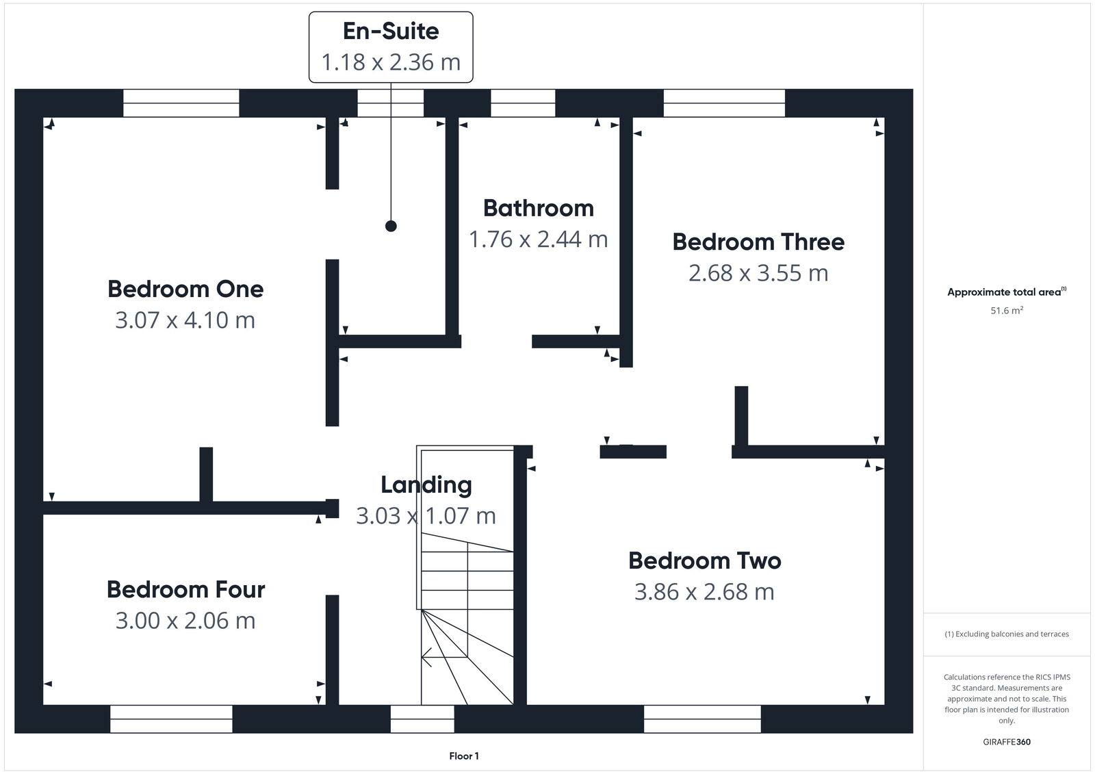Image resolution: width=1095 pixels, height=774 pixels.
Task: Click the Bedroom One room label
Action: click(185, 289)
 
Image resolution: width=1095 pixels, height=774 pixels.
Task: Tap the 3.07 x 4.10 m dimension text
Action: click(185, 320)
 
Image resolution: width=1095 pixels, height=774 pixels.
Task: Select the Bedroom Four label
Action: click(185, 589)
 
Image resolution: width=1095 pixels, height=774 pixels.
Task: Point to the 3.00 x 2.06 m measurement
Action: click(185, 620)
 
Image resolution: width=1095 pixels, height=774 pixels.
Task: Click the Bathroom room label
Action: click(538, 208)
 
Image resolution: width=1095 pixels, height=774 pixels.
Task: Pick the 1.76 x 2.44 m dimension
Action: click(538, 239)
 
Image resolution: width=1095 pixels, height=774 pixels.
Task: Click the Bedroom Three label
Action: click(758, 242)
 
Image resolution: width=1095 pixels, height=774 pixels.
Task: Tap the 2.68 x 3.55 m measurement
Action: click(758, 272)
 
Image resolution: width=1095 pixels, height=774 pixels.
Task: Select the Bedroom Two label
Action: click(705, 560)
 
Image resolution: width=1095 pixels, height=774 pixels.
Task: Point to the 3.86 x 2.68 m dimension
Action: click(705, 591)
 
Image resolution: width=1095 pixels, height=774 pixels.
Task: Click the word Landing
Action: click(426, 485)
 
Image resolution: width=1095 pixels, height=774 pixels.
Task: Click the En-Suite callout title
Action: click(391, 31)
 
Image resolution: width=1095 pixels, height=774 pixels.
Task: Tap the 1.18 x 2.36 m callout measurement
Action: click(391, 62)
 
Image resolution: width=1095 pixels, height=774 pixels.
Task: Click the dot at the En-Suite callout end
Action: click(391, 226)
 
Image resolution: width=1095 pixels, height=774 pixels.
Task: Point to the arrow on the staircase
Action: click(427, 658)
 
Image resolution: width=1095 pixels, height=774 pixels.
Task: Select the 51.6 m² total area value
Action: click(1007, 311)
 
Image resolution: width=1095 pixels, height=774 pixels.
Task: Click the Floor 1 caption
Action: click(464, 756)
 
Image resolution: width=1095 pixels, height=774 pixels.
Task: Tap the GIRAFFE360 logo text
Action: click(1007, 742)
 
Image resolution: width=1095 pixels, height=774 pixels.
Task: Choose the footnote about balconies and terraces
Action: click(1007, 634)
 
